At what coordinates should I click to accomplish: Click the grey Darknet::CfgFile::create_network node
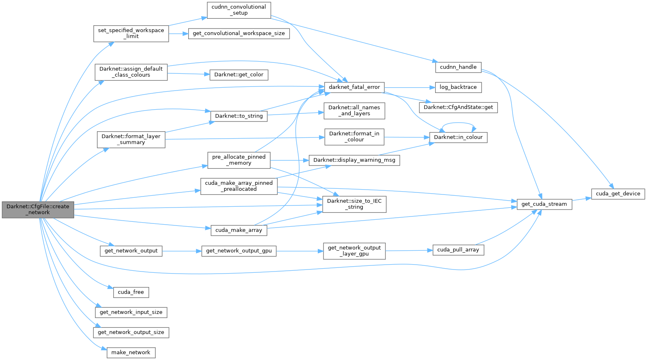click(38, 210)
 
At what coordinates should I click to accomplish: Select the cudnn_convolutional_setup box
click(239, 10)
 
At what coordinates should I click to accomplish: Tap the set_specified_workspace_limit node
click(131, 33)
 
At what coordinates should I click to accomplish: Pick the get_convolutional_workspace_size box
click(239, 33)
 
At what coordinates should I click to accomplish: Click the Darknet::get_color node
click(239, 75)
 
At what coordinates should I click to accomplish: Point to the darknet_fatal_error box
click(354, 87)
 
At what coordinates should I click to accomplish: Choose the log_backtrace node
click(458, 87)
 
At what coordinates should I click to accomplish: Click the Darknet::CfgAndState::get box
click(458, 107)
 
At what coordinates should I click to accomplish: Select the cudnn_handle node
click(458, 67)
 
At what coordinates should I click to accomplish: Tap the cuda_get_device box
click(618, 194)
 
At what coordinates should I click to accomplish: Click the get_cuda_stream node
click(544, 204)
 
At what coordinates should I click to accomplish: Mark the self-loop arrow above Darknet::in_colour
click(458, 123)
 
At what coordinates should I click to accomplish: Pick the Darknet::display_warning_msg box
click(354, 160)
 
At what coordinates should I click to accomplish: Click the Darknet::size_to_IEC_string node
click(354, 204)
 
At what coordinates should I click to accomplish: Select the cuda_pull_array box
click(458, 250)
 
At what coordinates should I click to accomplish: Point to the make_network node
click(131, 353)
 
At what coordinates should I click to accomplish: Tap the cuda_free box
click(131, 292)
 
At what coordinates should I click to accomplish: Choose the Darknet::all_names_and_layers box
click(354, 110)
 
